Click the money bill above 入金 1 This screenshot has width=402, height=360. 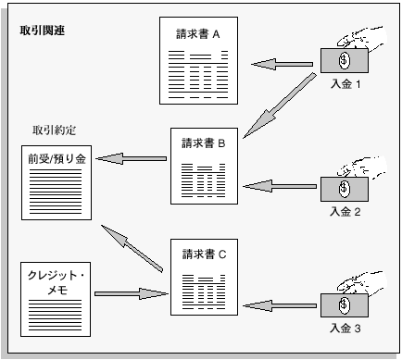[x=344, y=60]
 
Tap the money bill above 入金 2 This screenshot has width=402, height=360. [x=344, y=188]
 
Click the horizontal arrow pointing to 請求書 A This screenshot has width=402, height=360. [x=283, y=64]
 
